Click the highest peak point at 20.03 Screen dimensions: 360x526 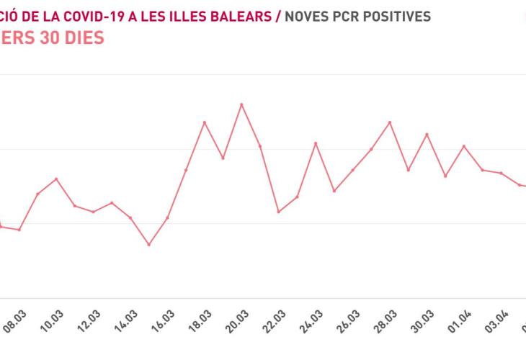pos(241,104)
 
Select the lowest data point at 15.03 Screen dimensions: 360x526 pos(149,245)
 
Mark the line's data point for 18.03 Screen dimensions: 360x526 pos(205,122)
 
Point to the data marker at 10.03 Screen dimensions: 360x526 pos(56,179)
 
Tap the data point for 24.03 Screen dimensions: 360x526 pos(316,143)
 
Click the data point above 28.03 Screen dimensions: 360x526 pos(390,122)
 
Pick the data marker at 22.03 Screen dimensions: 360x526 pos(279,212)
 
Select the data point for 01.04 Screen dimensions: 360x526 pos(464,146)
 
